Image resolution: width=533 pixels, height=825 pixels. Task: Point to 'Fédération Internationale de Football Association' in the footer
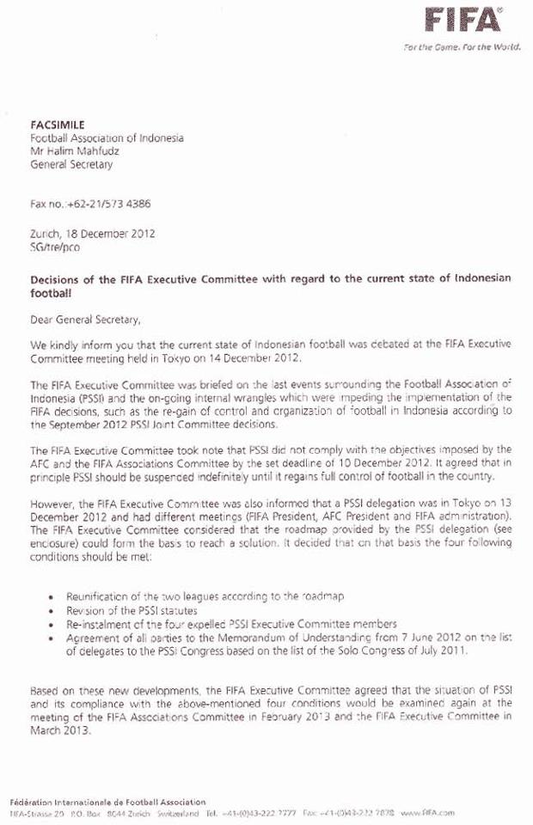(x=107, y=801)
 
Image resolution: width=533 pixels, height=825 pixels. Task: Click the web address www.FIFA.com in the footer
(x=426, y=812)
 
